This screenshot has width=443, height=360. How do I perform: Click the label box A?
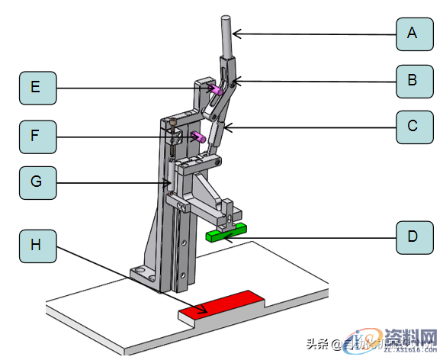pos(413,33)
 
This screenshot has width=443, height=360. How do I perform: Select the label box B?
pos(413,80)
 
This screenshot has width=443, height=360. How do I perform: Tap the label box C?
pos(413,126)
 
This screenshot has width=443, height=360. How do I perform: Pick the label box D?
pos(413,236)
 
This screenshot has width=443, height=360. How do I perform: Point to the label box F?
pos(36,137)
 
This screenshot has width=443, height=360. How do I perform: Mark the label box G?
pos(36,184)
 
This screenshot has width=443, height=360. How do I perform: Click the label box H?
pos(36,244)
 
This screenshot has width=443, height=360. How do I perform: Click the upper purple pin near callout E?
pos(216,91)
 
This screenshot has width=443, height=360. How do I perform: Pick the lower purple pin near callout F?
pos(197,137)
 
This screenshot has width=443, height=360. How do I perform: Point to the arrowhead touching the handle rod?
pos(235,33)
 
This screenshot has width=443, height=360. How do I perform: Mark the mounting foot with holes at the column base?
pos(145,272)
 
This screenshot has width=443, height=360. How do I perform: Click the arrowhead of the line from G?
pos(172,183)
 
